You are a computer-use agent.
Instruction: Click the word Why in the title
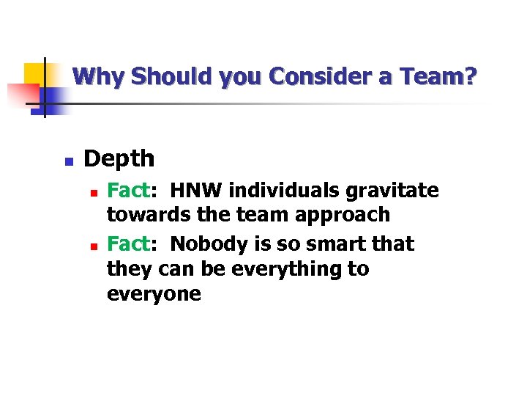(x=93, y=76)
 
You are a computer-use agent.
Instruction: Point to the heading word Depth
(x=119, y=158)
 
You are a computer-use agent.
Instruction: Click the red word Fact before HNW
(x=128, y=191)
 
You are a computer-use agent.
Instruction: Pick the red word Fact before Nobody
(x=128, y=243)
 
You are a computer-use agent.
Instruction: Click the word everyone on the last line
(x=154, y=295)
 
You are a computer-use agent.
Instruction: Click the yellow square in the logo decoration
(x=34, y=73)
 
